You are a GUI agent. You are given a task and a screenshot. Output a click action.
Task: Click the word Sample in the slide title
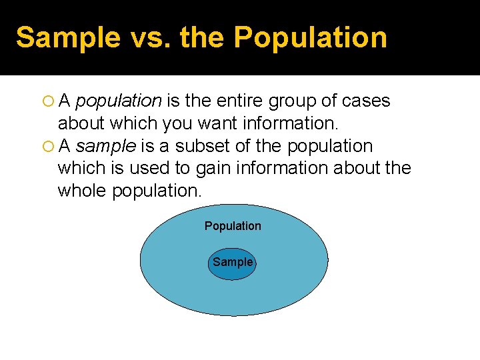[x=56, y=38]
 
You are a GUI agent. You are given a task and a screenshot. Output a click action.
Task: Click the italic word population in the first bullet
[x=119, y=101]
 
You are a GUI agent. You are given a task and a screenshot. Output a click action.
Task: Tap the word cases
[x=365, y=101]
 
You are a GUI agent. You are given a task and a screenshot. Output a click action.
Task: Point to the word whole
[x=83, y=191]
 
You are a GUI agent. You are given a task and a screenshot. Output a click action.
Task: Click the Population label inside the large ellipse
[x=233, y=226]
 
